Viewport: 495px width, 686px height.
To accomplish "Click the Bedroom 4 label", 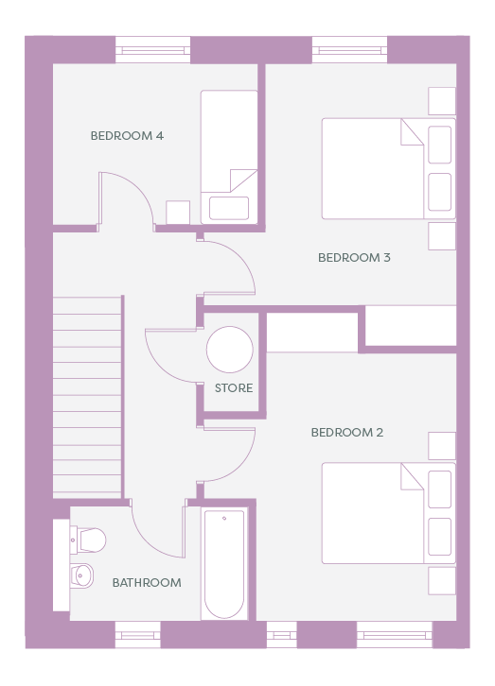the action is tap(127, 136).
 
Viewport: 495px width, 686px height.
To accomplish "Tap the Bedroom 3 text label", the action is tap(354, 257).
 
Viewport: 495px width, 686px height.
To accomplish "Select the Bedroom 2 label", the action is tap(347, 432).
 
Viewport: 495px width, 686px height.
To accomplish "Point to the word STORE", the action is tap(234, 387).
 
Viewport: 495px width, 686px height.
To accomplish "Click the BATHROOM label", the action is tap(147, 582).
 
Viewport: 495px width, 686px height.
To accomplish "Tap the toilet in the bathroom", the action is tap(88, 540).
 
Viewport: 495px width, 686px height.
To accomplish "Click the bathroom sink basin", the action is tap(82, 575).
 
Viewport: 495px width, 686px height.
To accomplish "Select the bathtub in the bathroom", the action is tap(224, 563).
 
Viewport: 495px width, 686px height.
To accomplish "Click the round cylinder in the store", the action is tap(230, 350).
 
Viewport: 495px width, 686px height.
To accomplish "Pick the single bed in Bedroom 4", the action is tap(229, 157).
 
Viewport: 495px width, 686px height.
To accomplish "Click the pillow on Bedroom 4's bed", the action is tap(229, 208).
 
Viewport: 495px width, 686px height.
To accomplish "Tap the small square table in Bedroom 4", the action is tap(178, 213).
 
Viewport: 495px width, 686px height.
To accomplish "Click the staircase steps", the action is tap(87, 397).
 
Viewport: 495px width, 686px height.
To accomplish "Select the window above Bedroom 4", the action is tap(153, 50).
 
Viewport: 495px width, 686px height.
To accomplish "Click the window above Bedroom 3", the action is tap(350, 50).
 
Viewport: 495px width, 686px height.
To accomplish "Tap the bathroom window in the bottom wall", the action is tap(138, 634).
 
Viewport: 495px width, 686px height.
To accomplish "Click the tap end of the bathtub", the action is tap(224, 519).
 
